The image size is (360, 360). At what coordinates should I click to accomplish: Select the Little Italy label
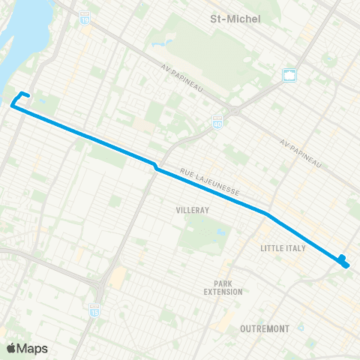(283, 247)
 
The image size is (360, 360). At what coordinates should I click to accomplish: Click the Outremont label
(265, 328)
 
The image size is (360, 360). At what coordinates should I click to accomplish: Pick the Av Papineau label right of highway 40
(300, 153)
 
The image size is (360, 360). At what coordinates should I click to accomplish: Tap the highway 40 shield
(217, 121)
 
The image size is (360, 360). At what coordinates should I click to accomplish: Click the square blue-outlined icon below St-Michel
(289, 74)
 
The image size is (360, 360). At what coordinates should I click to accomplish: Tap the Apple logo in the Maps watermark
(12, 348)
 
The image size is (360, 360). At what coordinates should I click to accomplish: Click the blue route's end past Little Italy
(343, 261)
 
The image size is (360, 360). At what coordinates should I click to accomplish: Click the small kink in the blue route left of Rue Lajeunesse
(155, 166)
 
